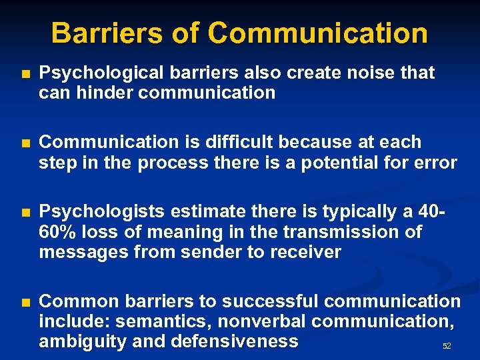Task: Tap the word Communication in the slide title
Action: coord(317,33)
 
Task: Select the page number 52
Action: coord(447,347)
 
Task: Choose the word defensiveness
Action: coord(234,342)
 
